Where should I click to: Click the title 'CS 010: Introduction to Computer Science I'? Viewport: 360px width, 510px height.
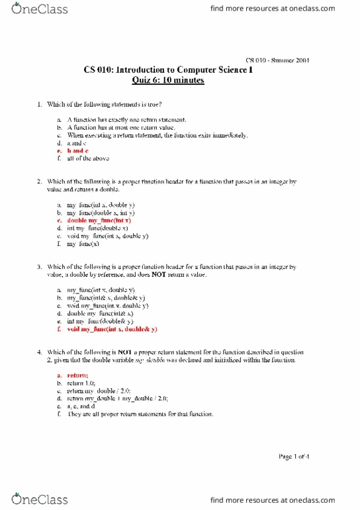point(168,70)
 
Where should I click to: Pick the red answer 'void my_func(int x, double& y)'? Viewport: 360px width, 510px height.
point(112,329)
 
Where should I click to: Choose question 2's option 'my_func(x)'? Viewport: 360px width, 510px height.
point(84,244)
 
